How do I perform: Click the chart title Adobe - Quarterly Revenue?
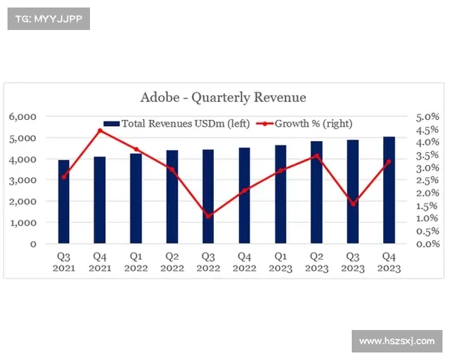click(223, 97)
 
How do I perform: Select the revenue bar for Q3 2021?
click(64, 202)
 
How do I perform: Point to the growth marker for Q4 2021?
click(100, 130)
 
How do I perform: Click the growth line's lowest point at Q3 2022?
click(208, 216)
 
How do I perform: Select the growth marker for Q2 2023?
click(316, 156)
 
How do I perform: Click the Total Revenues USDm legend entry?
click(178, 123)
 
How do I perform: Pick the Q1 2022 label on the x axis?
click(136, 262)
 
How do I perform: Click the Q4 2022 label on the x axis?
click(244, 262)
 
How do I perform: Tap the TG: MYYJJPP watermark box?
click(48, 19)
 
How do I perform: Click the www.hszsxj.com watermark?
click(397, 341)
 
